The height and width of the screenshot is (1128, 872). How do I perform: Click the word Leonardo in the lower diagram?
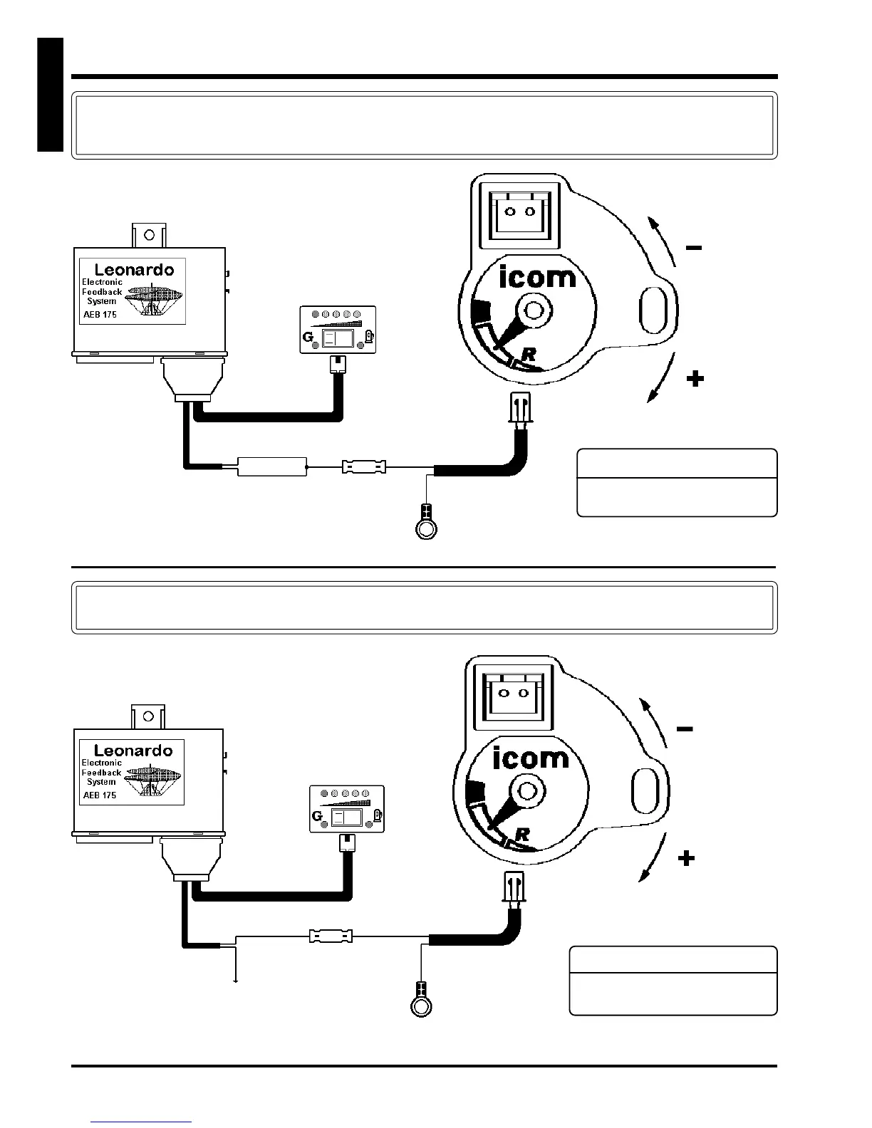click(133, 751)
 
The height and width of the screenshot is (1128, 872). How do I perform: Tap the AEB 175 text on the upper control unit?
click(100, 314)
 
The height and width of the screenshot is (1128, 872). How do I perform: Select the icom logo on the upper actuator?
click(537, 276)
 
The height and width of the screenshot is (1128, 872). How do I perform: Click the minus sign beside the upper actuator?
click(693, 248)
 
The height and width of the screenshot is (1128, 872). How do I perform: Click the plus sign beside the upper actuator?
click(695, 379)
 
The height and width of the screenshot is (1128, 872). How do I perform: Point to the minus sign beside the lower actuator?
click(685, 729)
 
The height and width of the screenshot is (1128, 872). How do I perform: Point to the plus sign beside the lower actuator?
click(685, 859)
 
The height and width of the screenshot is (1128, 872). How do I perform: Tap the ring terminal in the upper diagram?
click(426, 527)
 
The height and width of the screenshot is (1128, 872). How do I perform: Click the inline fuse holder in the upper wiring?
click(364, 467)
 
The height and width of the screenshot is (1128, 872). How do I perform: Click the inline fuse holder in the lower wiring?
click(331, 936)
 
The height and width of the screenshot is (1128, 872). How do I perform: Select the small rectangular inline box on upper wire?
click(272, 467)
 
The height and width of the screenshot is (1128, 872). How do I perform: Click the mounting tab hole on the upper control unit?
click(149, 234)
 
